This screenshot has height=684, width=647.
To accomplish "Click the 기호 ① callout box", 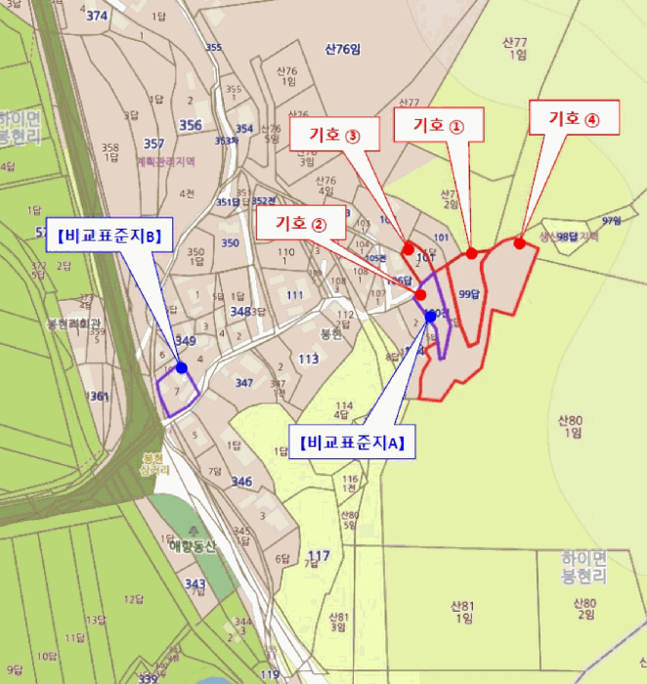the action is click(438, 125).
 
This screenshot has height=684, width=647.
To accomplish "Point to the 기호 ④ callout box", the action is click(573, 118).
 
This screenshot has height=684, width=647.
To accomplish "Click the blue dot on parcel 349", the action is click(182, 367).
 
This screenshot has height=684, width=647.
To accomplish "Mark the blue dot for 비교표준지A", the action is click(431, 317).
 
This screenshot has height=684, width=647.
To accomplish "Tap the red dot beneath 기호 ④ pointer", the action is click(520, 243).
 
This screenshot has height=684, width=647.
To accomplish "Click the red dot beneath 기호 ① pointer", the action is click(471, 253).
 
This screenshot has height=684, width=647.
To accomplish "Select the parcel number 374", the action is click(97, 16).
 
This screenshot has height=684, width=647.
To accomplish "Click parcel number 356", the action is click(191, 124).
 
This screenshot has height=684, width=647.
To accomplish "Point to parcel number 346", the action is click(241, 481).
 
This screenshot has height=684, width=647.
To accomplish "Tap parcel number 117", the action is click(319, 557).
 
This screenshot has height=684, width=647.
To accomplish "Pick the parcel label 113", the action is click(309, 359).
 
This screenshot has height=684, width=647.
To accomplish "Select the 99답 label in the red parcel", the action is click(470, 294).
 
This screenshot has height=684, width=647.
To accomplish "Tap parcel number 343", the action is click(195, 583).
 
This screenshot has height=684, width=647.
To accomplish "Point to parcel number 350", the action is click(230, 242).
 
